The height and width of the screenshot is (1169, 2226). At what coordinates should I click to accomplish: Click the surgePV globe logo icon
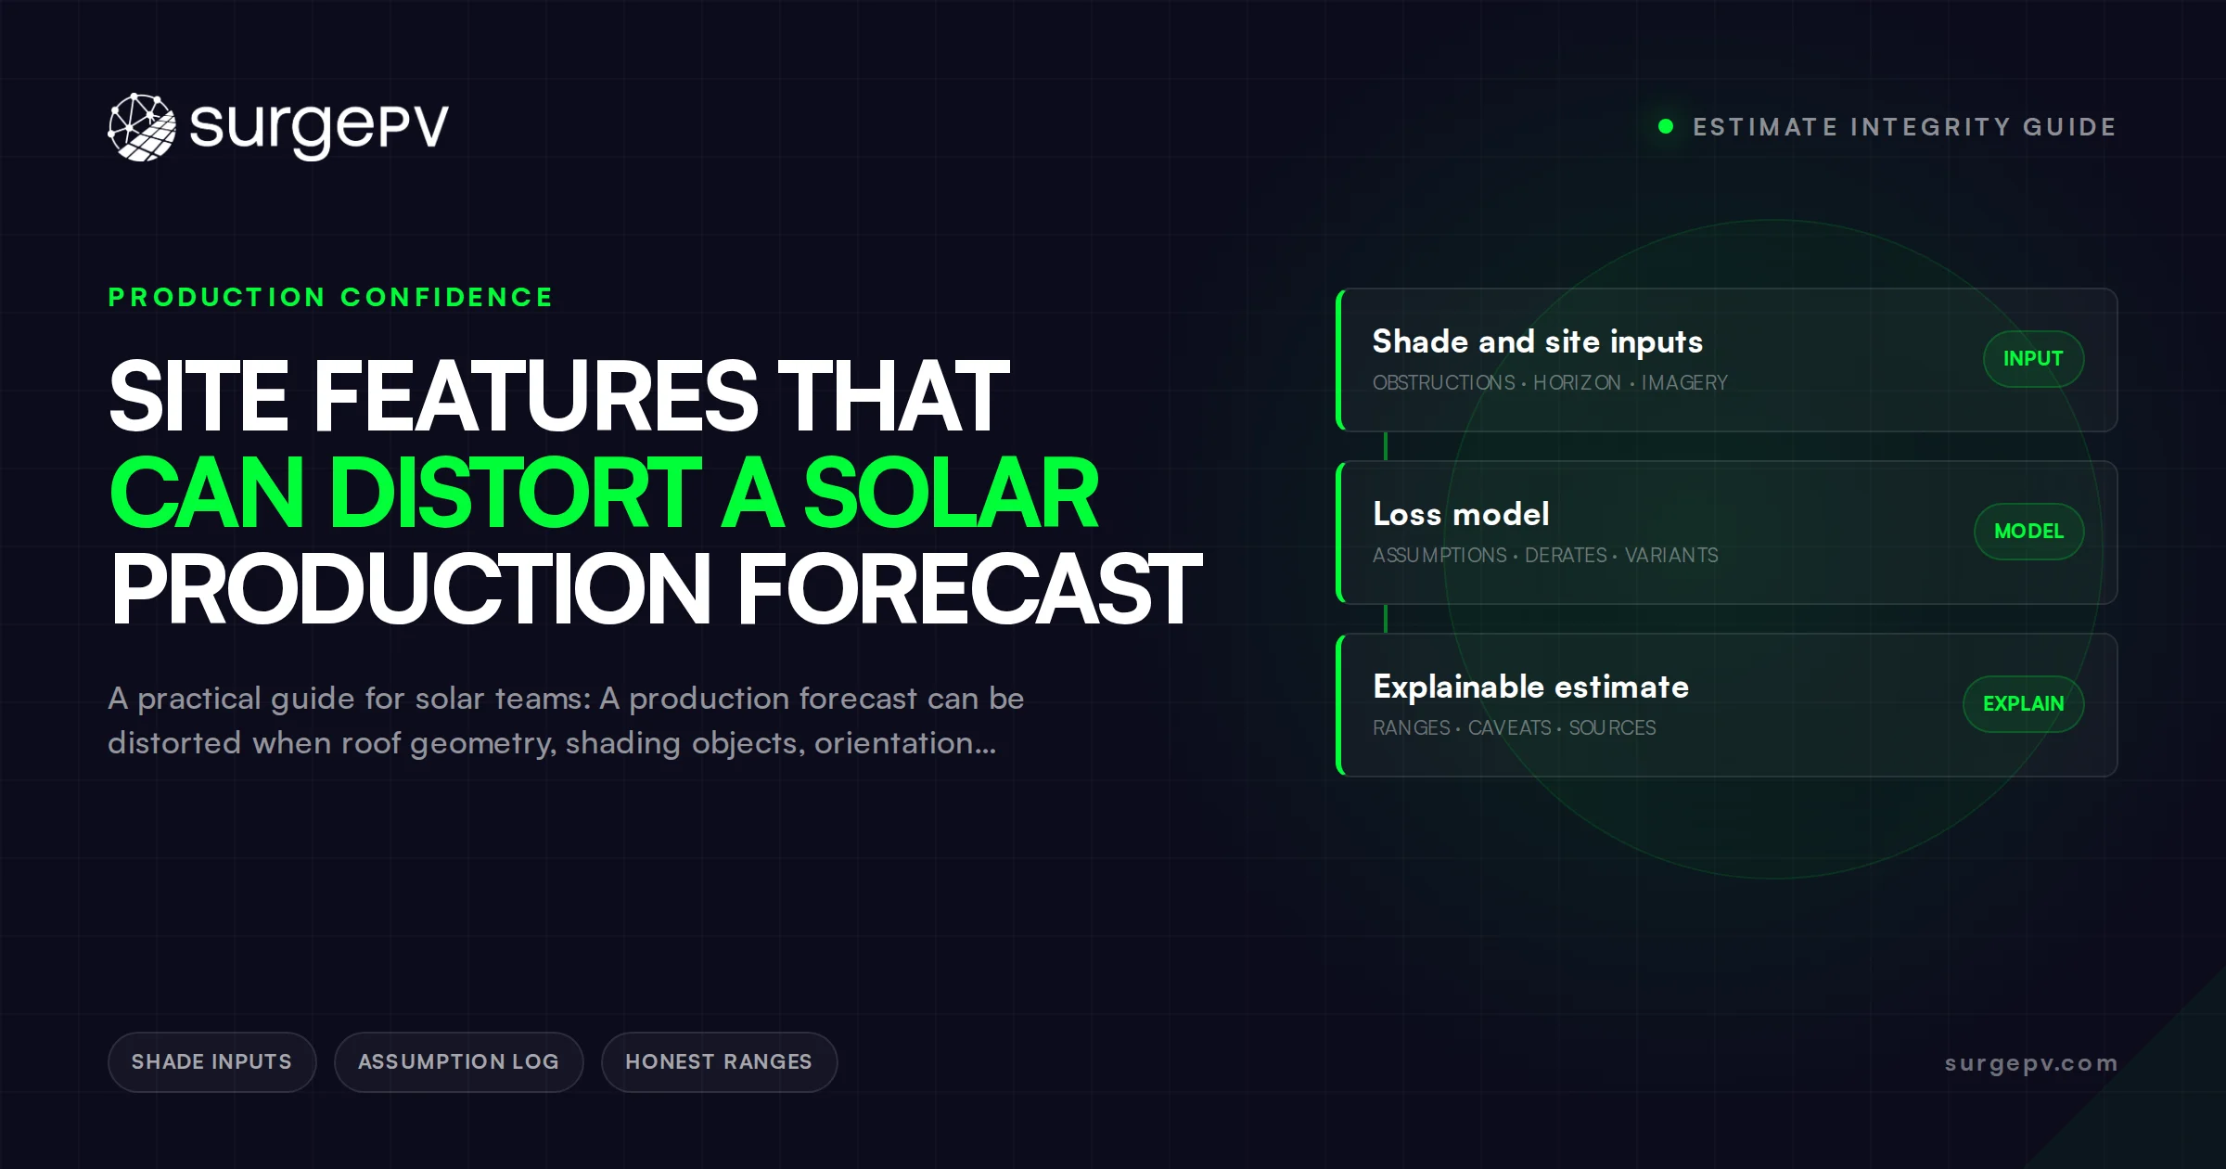(x=142, y=127)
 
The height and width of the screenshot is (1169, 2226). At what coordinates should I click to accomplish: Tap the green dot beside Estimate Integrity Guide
(x=1666, y=126)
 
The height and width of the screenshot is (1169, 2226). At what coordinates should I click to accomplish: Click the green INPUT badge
(x=2033, y=359)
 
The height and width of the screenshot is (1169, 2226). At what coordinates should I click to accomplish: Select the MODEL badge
(x=2028, y=532)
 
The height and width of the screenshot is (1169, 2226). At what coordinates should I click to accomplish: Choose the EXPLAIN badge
(x=2023, y=704)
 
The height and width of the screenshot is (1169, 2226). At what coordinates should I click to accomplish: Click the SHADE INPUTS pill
(x=211, y=1061)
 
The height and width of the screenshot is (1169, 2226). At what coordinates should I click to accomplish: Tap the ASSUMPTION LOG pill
(x=458, y=1061)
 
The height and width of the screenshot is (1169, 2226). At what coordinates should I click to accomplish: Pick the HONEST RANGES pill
(x=719, y=1061)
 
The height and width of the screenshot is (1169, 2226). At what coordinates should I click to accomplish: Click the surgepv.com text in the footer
(x=2031, y=1063)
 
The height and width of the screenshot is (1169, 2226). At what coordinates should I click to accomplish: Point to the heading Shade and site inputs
(x=1538, y=341)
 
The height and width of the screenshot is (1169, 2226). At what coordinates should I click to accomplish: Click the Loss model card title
(x=1461, y=514)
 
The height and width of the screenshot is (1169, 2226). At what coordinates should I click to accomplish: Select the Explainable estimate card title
(x=1530, y=687)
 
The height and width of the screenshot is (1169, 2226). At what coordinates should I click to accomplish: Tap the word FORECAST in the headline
(x=969, y=588)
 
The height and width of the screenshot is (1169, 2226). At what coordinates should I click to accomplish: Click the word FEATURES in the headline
(x=536, y=396)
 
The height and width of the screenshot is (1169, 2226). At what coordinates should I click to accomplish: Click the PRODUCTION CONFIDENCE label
(x=330, y=297)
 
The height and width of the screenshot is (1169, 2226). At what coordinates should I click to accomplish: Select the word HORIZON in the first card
(x=1577, y=382)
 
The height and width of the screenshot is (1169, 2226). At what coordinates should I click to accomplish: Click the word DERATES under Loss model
(x=1566, y=555)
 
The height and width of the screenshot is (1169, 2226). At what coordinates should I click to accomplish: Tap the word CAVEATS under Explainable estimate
(x=1509, y=727)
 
